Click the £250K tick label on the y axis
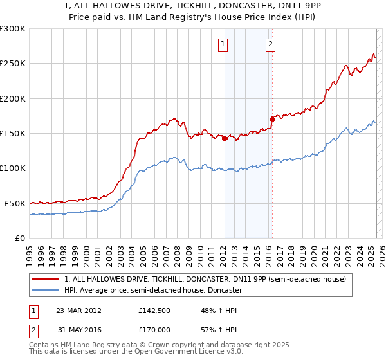pyautogui.click(x=13, y=64)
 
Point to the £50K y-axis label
pyautogui.click(x=15, y=203)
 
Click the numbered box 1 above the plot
pyautogui.click(x=223, y=44)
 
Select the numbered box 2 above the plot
pyautogui.click(x=270, y=44)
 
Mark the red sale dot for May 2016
pyautogui.click(x=272, y=119)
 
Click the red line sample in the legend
pyautogui.click(x=46, y=279)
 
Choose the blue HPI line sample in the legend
pyautogui.click(x=46, y=290)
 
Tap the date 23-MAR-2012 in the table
pyautogui.click(x=78, y=310)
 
